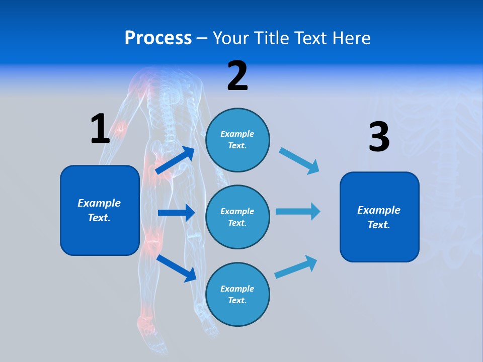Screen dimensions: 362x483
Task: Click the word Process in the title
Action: pos(158,38)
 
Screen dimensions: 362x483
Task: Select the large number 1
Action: pos(100,129)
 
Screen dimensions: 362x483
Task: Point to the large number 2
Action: pos(237,76)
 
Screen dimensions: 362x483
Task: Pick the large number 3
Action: pos(379,137)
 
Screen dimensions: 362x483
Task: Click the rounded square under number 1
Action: pos(100,210)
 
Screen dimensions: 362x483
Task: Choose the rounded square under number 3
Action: pos(379,217)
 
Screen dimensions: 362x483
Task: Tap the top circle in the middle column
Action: pos(237,140)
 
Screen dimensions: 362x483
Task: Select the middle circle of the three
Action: pos(237,217)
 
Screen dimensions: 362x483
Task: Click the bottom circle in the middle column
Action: pos(237,294)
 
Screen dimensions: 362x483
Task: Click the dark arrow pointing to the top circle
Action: pos(176,160)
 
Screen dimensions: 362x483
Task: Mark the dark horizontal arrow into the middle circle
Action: pos(176,213)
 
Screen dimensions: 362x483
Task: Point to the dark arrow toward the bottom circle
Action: pos(177,268)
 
